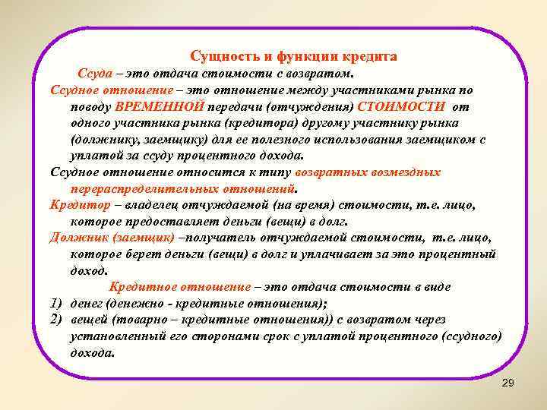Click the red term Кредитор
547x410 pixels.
point(74,205)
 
